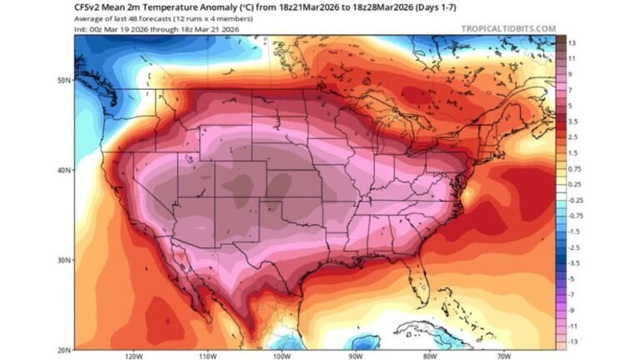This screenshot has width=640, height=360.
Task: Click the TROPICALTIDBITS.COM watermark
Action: pos(507,28)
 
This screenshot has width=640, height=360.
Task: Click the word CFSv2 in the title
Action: pos(87,7)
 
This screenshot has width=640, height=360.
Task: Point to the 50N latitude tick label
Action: pos(62,80)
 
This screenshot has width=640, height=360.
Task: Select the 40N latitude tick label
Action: pos(62,170)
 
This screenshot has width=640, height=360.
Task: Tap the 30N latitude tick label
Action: pos(62,260)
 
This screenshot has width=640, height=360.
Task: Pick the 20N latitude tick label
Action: pos(62,349)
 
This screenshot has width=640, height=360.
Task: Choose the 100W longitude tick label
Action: pos(280,356)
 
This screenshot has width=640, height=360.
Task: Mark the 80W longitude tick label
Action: pos(427,356)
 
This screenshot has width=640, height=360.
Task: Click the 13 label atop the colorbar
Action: pos(572,42)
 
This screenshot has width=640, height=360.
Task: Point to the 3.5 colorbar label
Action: pos(572,122)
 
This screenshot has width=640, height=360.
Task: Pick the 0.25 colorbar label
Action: pos(574,185)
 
